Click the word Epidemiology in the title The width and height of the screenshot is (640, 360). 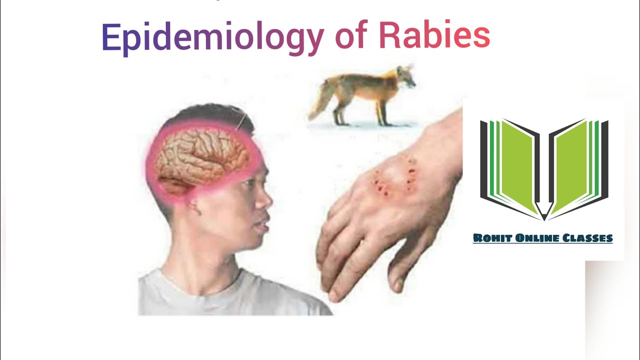click(x=212, y=37)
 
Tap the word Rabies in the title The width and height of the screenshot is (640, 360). click(x=434, y=36)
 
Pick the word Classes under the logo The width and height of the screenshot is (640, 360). click(x=588, y=238)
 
